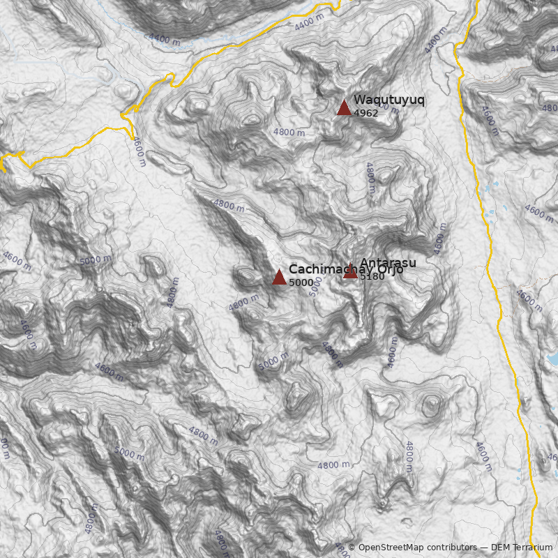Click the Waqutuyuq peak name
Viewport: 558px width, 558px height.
click(x=389, y=100)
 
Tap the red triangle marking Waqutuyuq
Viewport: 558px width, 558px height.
click(x=343, y=107)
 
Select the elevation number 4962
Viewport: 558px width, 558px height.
click(x=366, y=113)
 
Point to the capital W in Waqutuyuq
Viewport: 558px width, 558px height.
click(x=359, y=100)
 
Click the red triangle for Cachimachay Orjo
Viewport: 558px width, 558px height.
click(x=279, y=277)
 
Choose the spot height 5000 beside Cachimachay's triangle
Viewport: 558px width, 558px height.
click(x=301, y=282)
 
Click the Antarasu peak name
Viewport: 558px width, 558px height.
click(x=388, y=262)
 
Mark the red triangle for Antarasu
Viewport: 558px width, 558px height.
click(x=350, y=272)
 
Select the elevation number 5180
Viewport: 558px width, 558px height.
click(x=372, y=277)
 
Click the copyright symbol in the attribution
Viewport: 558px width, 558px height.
click(x=352, y=548)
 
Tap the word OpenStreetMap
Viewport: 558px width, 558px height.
click(x=391, y=548)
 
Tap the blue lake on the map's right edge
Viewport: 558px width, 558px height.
click(x=552, y=359)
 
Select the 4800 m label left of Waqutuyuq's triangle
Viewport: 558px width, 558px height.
click(x=289, y=133)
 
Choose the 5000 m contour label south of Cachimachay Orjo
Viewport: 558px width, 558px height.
click(x=273, y=361)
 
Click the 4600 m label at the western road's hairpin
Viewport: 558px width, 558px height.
click(x=139, y=151)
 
